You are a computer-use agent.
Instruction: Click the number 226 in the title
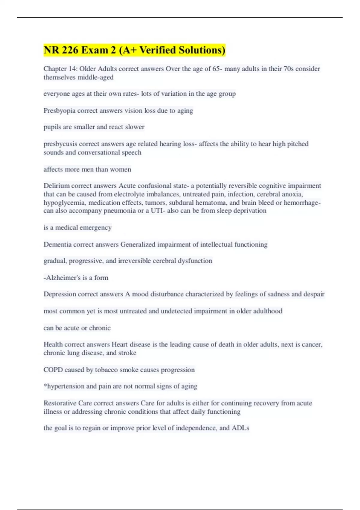[x=70, y=50]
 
